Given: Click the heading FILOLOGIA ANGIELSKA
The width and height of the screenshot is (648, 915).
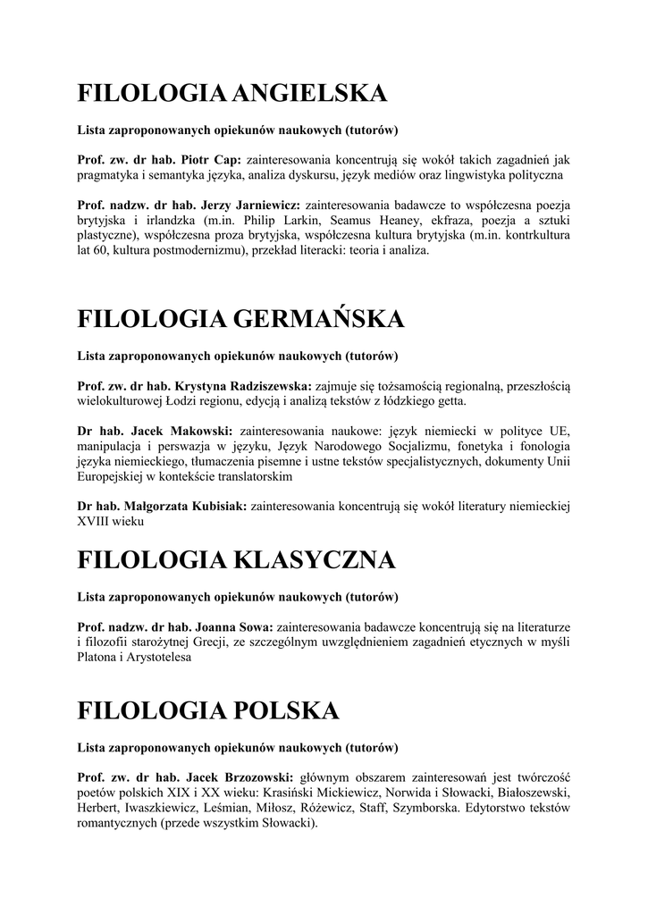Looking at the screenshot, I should pos(232,93).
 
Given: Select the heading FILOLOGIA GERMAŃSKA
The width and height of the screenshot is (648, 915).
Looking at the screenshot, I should pos(241,318).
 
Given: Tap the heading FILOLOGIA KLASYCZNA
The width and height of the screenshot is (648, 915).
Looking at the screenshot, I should pos(236,560).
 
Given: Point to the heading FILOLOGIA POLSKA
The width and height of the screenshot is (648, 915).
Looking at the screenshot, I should pos(208,710).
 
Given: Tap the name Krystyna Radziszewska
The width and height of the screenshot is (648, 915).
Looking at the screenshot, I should pos(239,385).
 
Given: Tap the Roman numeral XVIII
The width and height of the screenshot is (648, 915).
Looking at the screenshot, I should pos(95,522).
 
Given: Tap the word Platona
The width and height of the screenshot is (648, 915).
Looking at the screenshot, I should pos(97,657).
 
